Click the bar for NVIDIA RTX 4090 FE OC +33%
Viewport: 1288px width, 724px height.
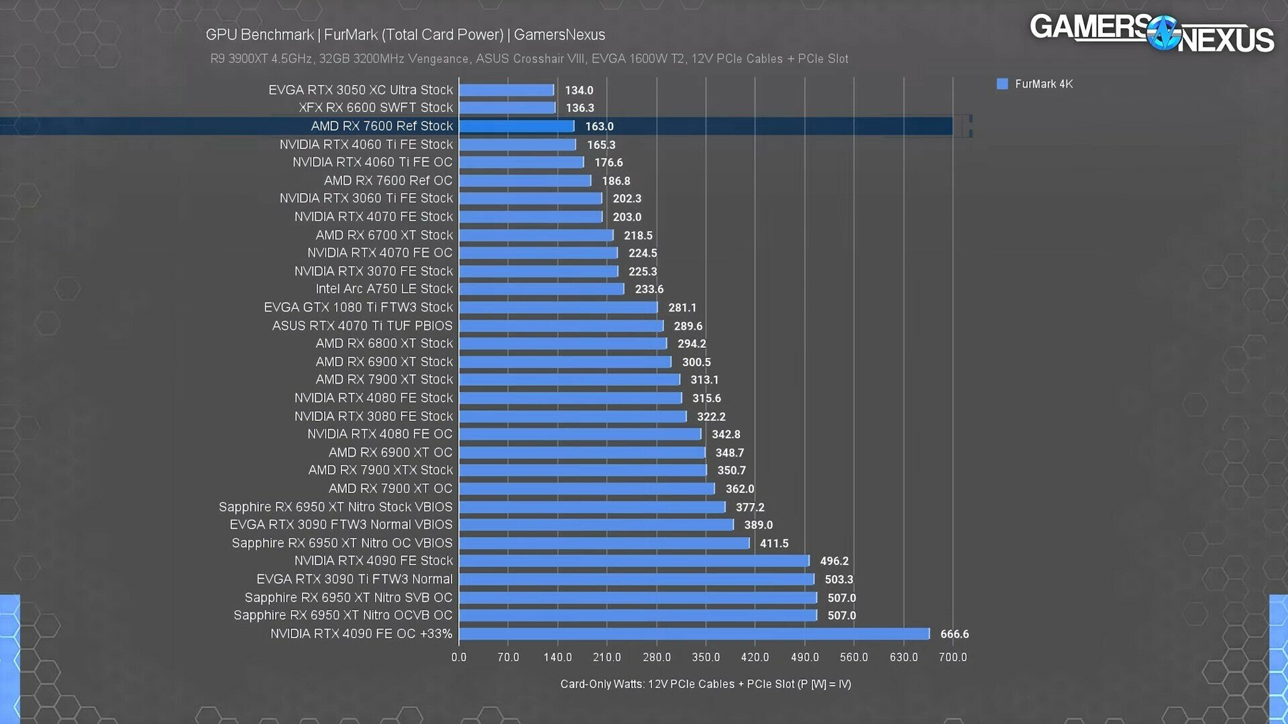coord(694,633)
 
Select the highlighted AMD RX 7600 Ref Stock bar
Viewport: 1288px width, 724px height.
coord(517,126)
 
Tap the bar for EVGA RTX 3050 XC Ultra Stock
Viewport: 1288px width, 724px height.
coord(506,90)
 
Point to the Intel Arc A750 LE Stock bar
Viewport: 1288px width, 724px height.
coord(541,289)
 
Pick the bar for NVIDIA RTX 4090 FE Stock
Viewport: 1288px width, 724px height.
coord(634,560)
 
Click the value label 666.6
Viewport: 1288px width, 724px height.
coord(954,633)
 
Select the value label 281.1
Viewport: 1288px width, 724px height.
coord(682,308)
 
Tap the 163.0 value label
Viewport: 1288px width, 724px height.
coord(599,126)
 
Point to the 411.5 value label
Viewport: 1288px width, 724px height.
coord(773,543)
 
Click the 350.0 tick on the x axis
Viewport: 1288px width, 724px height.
coord(706,657)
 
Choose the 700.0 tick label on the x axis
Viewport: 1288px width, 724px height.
coord(953,657)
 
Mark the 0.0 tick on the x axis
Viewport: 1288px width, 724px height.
coord(459,657)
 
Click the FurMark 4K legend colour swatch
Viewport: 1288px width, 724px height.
coord(1002,84)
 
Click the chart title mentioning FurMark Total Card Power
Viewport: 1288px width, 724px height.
coord(405,35)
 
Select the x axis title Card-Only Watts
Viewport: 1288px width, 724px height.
coord(705,684)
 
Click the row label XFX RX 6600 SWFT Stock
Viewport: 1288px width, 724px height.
coord(376,107)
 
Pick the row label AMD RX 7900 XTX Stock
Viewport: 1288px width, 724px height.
coord(380,470)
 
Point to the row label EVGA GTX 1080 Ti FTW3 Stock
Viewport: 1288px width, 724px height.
coord(358,307)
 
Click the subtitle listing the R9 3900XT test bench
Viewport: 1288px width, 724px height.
coord(529,59)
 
